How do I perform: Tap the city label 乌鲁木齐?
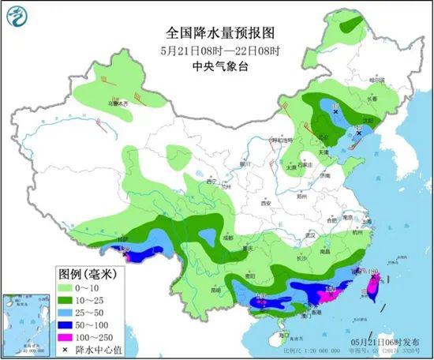113,103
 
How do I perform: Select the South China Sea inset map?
26,323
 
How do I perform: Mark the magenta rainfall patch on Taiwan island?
372,290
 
